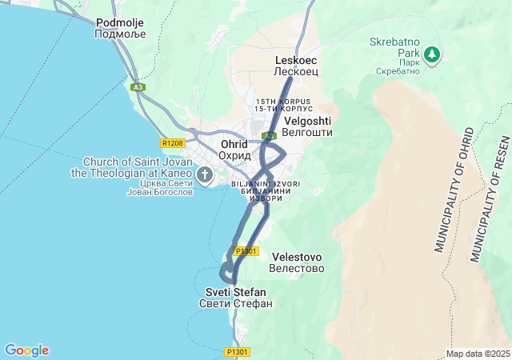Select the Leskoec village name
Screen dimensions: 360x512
point(296,60)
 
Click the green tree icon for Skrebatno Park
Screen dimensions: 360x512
point(432,54)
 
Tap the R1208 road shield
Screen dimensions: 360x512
point(171,143)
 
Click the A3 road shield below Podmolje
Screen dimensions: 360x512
point(138,86)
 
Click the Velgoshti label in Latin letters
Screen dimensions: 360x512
point(308,120)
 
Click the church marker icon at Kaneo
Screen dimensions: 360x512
point(205,174)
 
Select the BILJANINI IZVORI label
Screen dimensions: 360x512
point(265,184)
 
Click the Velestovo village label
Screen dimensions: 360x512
point(297,257)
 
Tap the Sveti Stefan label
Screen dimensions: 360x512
point(236,292)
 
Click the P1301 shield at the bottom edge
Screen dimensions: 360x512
point(238,351)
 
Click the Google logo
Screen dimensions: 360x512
point(26,350)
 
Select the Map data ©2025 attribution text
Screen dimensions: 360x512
point(478,354)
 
